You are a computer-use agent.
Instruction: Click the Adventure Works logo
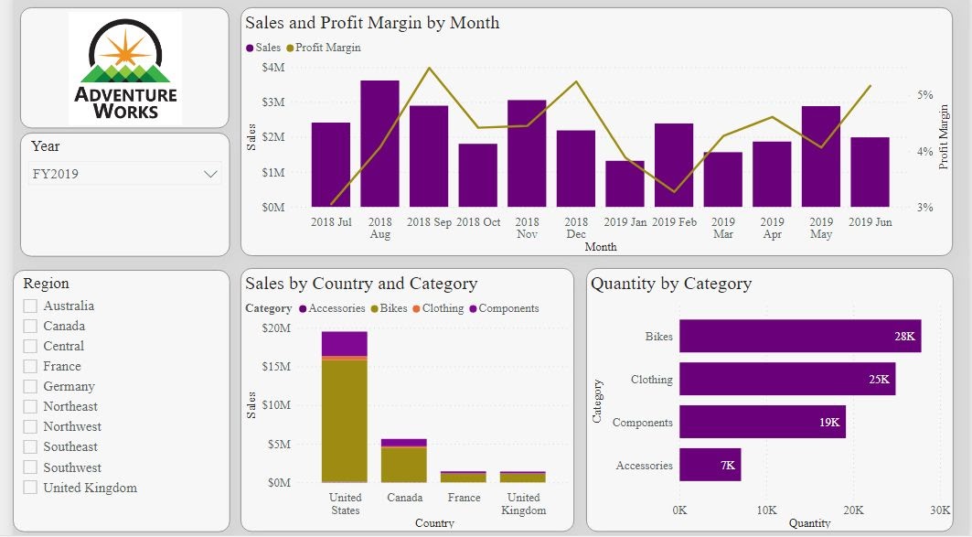click(125, 69)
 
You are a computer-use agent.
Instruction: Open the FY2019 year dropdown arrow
click(211, 174)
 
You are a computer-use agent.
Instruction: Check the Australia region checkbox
click(30, 306)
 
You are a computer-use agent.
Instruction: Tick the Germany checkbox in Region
click(30, 387)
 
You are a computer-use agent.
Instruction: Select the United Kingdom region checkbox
click(30, 488)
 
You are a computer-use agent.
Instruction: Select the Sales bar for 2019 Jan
click(625, 184)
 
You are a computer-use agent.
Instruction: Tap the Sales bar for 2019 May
click(821, 156)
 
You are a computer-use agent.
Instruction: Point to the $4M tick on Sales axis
click(272, 68)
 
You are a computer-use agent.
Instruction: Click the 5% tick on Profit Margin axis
click(925, 95)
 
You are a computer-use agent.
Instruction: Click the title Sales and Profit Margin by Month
click(372, 23)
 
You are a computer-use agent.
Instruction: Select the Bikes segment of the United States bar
click(344, 421)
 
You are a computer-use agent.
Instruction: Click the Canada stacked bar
click(404, 461)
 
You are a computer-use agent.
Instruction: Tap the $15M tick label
click(276, 367)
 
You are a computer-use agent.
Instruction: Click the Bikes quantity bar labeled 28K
click(800, 336)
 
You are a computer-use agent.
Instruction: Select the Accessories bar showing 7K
click(710, 465)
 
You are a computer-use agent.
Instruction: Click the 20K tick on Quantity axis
click(853, 510)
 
